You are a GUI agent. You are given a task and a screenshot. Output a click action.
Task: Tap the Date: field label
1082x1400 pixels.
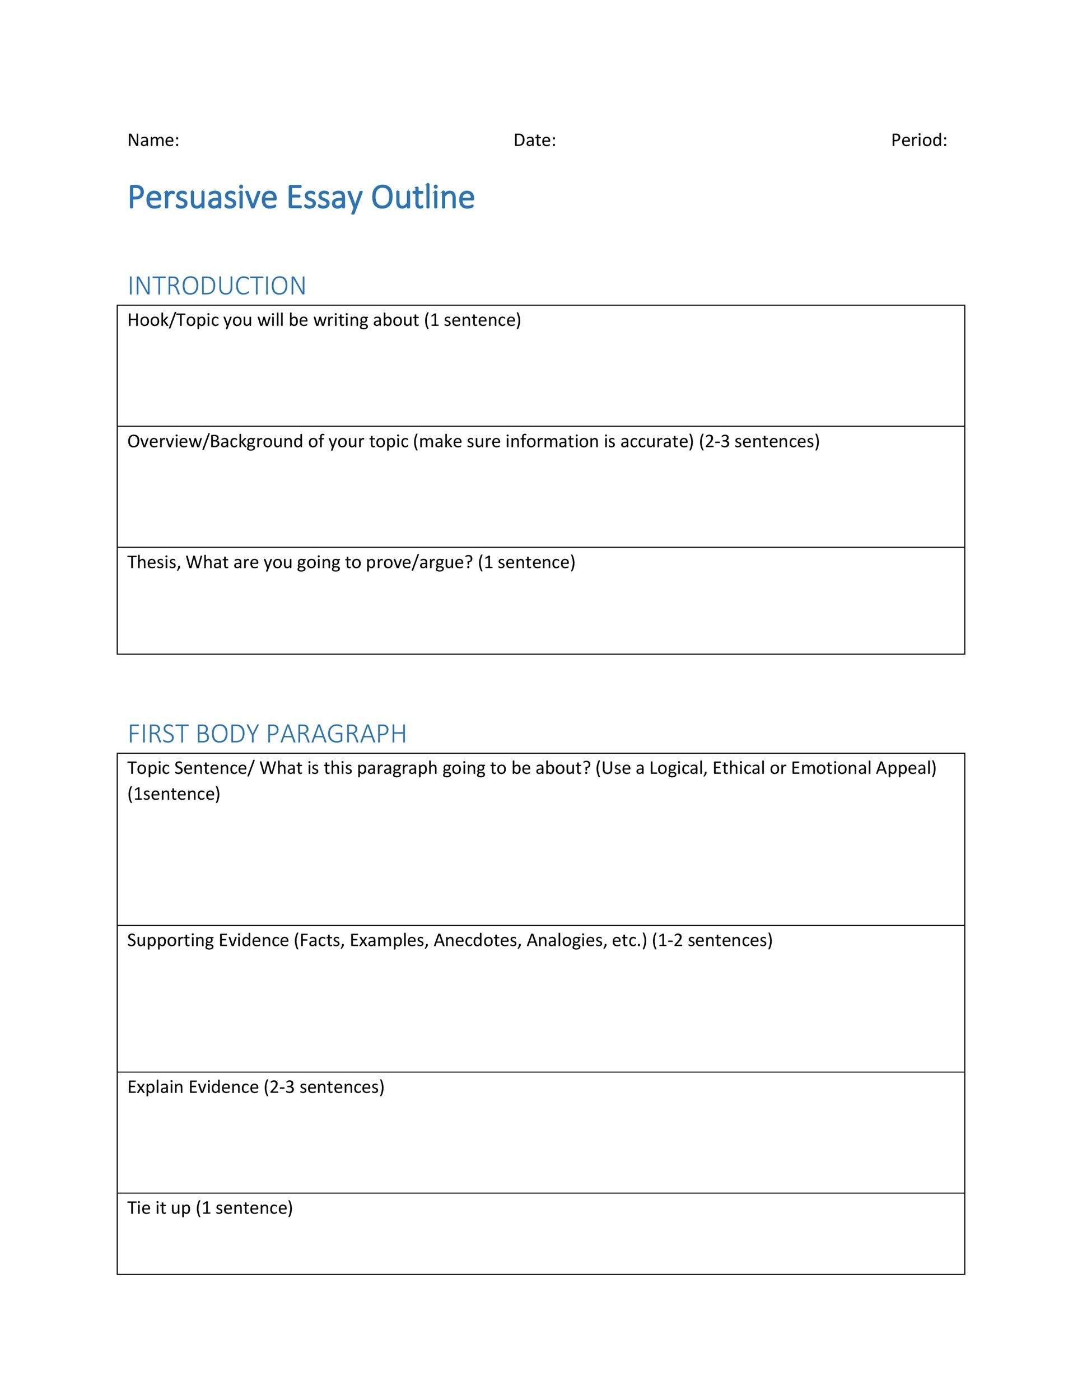pyautogui.click(x=535, y=141)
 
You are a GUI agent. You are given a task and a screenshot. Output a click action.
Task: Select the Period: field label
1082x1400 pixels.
pyautogui.click(x=918, y=141)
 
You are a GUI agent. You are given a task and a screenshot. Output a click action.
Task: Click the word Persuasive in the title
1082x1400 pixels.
pyautogui.click(x=202, y=198)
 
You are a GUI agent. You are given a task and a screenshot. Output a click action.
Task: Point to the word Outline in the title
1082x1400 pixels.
pyautogui.click(x=422, y=198)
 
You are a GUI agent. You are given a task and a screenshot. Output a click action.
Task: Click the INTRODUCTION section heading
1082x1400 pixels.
pyautogui.click(x=217, y=286)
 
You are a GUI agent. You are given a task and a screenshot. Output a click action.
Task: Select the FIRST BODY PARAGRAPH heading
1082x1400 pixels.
pyautogui.click(x=267, y=734)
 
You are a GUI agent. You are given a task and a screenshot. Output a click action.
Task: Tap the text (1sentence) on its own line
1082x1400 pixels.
pyautogui.click(x=174, y=794)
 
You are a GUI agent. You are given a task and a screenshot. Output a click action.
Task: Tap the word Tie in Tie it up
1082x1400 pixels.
pyautogui.click(x=138, y=1208)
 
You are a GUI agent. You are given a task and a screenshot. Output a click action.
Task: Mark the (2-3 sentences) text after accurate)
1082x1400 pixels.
pyautogui.click(x=759, y=441)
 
